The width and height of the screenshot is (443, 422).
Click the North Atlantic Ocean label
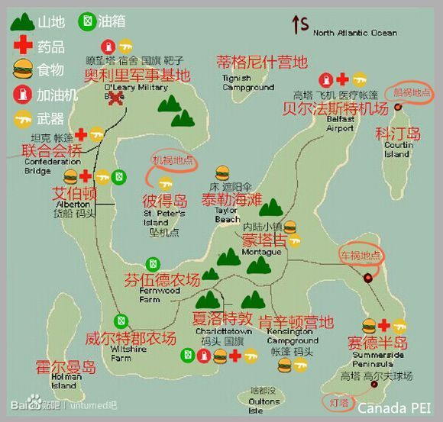[x=355, y=33]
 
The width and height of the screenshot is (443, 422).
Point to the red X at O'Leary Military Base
[x=116, y=98]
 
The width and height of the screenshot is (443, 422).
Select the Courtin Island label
[x=398, y=150]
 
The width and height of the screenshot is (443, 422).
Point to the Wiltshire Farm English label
[x=128, y=353]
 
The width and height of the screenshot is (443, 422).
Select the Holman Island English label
[x=65, y=381]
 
